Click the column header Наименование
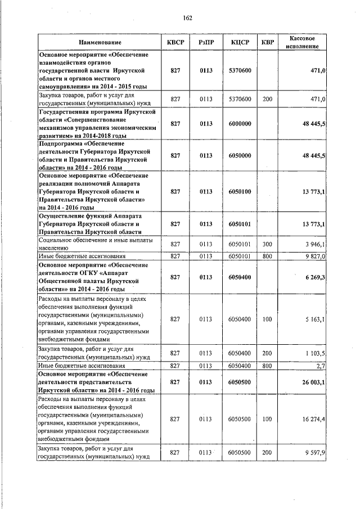100,43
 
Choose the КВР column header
267,43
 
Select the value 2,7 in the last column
321,366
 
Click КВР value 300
267,244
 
